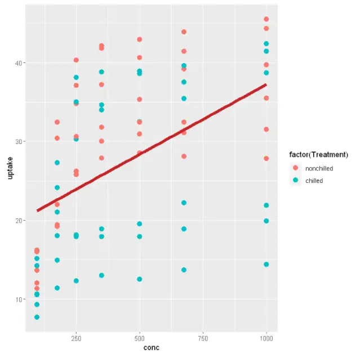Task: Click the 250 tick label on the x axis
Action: pos(76,338)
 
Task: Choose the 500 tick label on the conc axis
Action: pos(140,338)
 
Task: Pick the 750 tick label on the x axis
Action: pos(203,338)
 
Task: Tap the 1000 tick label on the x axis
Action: pos(266,338)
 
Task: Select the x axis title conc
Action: pos(152,348)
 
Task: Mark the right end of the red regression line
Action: pos(266,84)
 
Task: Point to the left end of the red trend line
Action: pos(37,210)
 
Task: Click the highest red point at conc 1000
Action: pos(266,19)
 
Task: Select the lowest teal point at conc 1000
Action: pos(266,265)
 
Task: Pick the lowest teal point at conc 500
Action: pos(140,279)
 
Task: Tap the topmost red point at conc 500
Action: pos(140,39)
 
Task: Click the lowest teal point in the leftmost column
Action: pos(37,317)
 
